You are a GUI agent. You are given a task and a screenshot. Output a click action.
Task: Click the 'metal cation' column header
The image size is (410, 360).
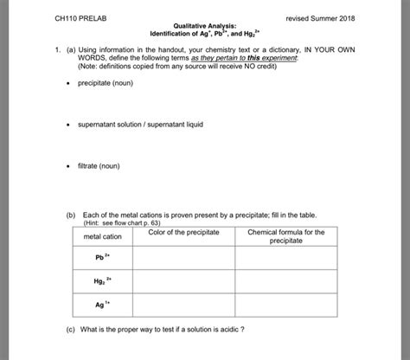[103, 237]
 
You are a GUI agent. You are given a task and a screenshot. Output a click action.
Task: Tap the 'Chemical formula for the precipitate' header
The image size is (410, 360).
[285, 236]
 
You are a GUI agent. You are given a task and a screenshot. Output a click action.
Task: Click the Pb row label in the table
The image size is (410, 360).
[103, 258]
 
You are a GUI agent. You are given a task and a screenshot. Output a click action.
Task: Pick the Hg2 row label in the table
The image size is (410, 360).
[103, 282]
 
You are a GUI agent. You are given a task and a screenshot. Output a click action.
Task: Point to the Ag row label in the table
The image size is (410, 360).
[103, 305]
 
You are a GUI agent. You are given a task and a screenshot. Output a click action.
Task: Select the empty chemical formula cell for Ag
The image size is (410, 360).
[285, 305]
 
